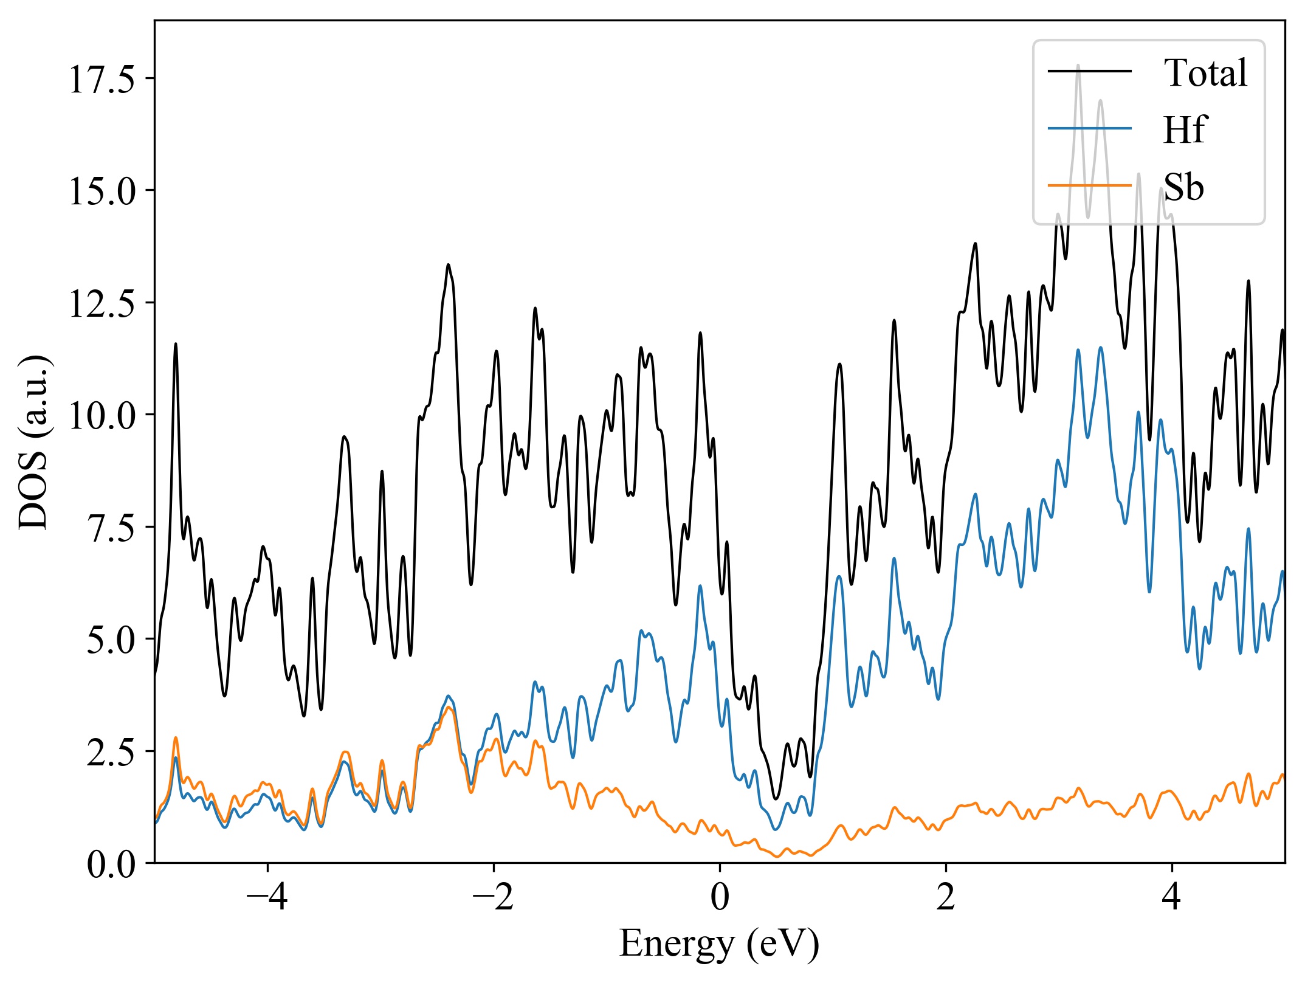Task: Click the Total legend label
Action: click(x=1205, y=73)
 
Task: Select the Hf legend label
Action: click(x=1185, y=129)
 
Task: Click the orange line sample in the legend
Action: click(x=1089, y=185)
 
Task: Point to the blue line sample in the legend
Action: click(x=1089, y=128)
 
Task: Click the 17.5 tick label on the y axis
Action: click(x=102, y=79)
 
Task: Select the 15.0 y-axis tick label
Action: click(x=102, y=191)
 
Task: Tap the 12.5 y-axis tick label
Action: click(x=102, y=303)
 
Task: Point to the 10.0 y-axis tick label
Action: click(x=102, y=416)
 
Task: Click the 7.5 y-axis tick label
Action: click(x=111, y=528)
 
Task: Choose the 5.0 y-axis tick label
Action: click(x=111, y=640)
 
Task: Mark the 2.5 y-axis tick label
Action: click(x=111, y=752)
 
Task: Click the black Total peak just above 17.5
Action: click(x=1078, y=65)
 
